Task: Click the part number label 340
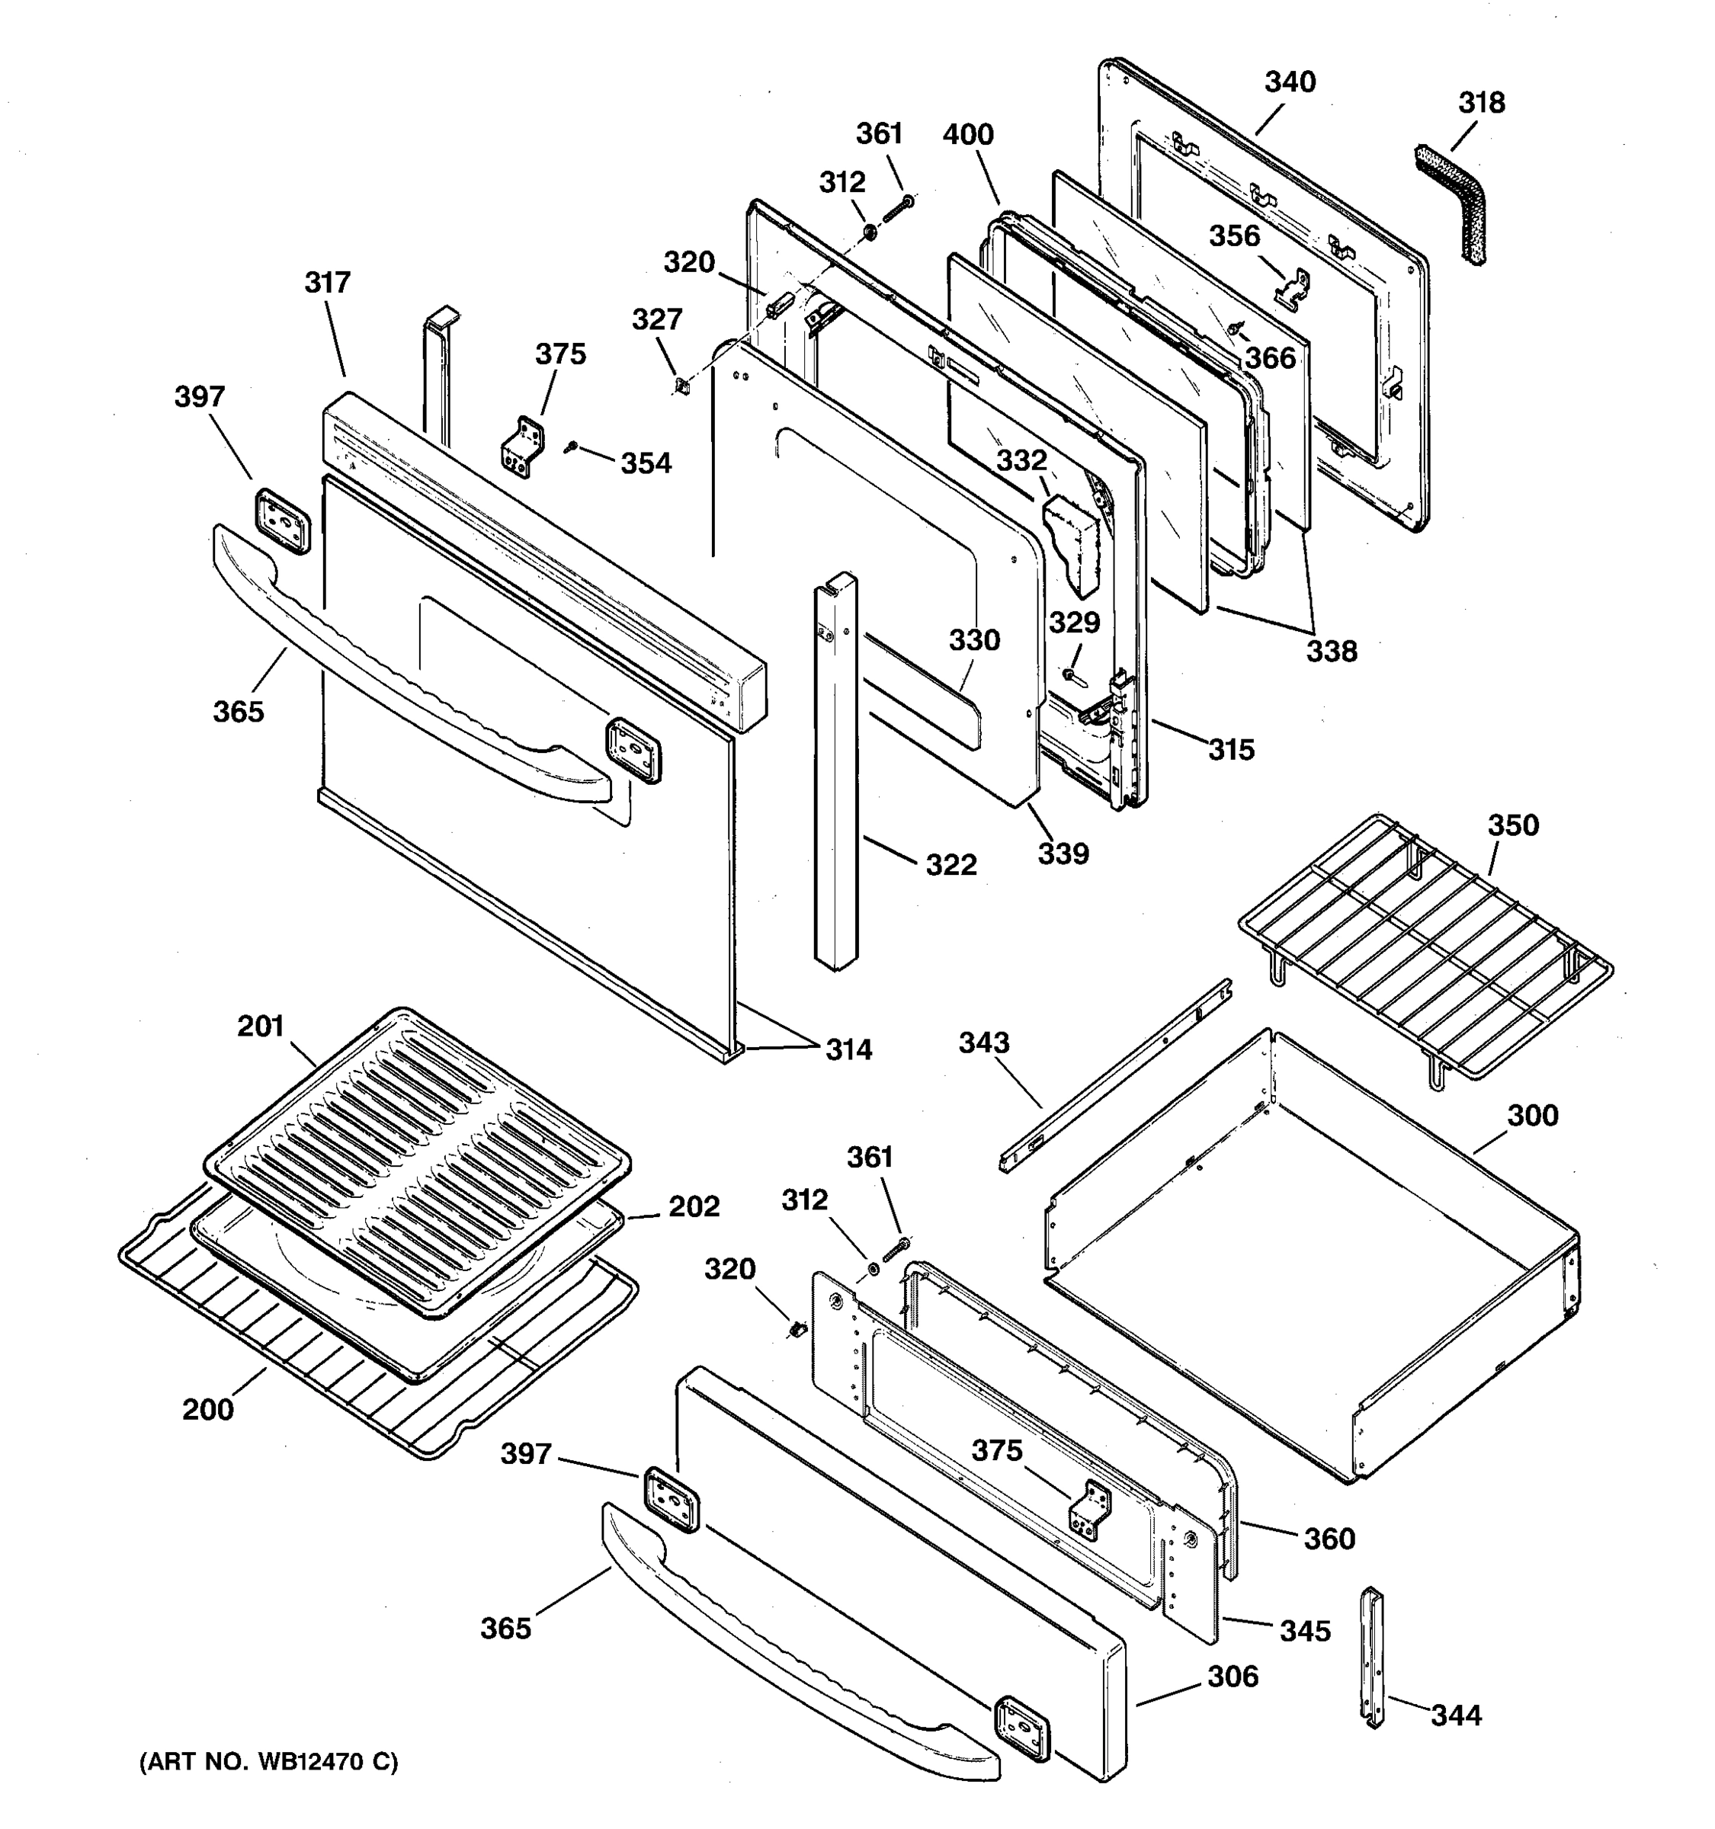click(x=1289, y=83)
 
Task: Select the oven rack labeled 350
click(x=1426, y=947)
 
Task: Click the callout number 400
click(x=968, y=135)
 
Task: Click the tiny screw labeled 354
click(x=572, y=447)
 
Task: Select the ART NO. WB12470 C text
click(x=268, y=1762)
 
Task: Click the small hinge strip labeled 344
click(x=1373, y=1657)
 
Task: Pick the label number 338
click(x=1332, y=652)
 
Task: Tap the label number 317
click(x=328, y=283)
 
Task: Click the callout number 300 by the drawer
click(x=1532, y=1116)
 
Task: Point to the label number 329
click(x=1075, y=623)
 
